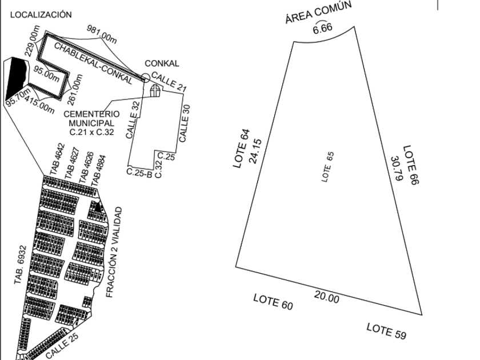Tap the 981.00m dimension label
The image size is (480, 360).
point(102,33)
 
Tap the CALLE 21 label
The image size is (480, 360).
point(169,80)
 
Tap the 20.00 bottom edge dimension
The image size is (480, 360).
point(326,297)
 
